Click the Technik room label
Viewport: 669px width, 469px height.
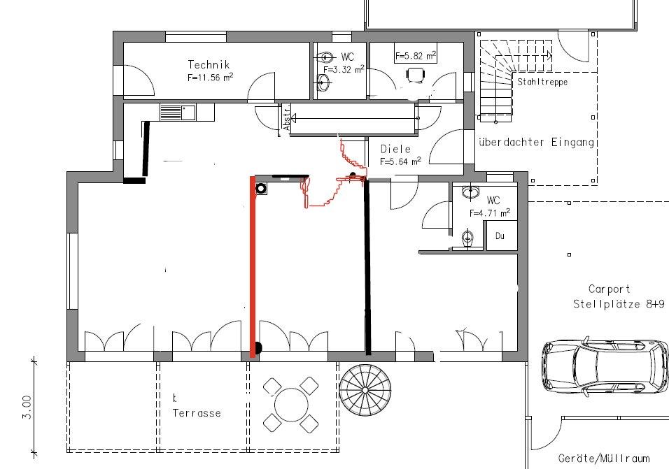(209, 65)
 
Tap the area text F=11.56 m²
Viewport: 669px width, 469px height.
(210, 77)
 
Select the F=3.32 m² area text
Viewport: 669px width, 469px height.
(344, 69)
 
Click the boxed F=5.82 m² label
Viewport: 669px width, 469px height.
(416, 55)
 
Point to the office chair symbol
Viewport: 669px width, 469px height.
(416, 75)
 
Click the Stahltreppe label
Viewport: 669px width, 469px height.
(542, 82)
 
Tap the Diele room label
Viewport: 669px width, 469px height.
(395, 149)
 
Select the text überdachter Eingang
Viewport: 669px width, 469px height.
(536, 143)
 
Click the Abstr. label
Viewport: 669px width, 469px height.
(287, 117)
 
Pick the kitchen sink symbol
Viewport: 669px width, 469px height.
(178, 113)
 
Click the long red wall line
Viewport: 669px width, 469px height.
(253, 266)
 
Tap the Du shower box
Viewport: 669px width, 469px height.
(500, 236)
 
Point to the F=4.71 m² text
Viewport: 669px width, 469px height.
(490, 213)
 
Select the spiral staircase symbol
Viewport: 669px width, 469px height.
(365, 390)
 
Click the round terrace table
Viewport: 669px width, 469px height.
(291, 405)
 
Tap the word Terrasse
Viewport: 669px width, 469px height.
(197, 413)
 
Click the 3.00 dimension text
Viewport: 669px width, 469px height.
(27, 407)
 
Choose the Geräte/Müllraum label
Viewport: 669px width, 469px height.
(604, 459)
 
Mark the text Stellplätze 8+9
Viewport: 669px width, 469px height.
(619, 304)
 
